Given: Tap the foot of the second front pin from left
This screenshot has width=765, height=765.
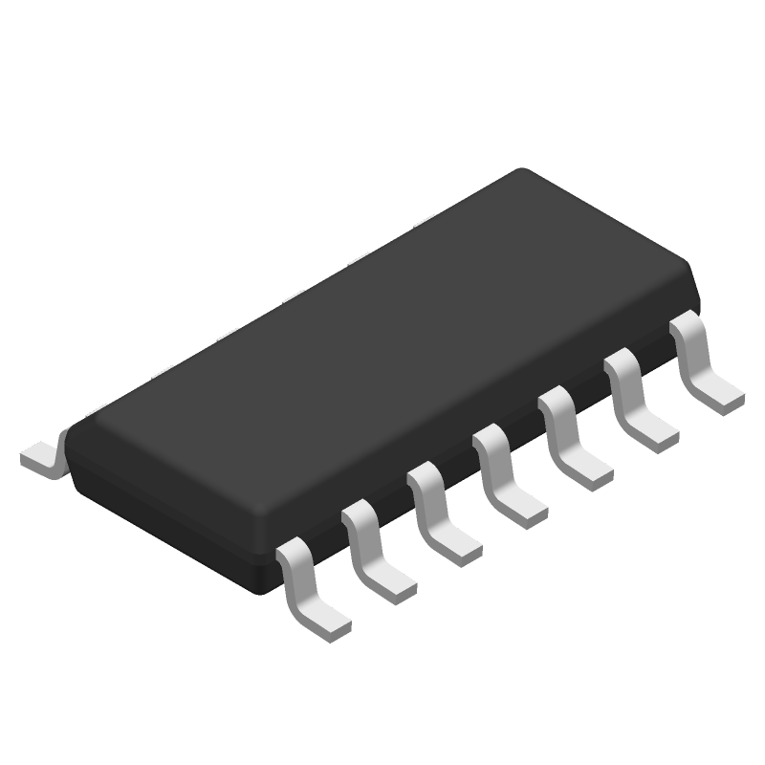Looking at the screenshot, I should click(393, 582).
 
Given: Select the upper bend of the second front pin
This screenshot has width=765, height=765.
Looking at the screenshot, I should click(359, 513).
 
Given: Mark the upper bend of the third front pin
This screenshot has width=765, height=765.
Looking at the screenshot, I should click(425, 476).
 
